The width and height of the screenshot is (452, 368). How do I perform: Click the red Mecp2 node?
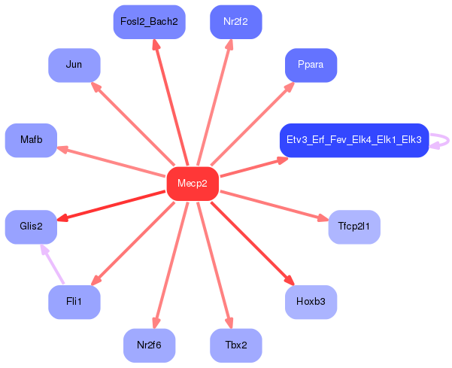coord(193,184)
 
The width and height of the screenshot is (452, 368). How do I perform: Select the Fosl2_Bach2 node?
coord(150,22)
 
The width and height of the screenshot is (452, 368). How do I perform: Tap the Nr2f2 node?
coord(236,22)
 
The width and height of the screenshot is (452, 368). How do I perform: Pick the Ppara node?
coord(311,65)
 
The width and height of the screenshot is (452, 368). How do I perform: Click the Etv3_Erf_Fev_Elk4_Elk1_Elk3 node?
coord(354,141)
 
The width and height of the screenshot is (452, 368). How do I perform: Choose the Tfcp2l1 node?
coord(354,227)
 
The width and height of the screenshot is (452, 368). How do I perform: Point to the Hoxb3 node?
coord(311,302)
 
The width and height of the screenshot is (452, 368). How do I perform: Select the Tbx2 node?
coord(236,345)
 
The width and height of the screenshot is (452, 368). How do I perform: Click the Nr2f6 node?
coord(150,345)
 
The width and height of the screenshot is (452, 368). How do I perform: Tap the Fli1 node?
coord(74,302)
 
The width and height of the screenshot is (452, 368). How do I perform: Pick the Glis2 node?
coord(31,227)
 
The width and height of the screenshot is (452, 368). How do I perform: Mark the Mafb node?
coord(31,141)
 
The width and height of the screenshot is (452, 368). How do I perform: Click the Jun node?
coord(74,65)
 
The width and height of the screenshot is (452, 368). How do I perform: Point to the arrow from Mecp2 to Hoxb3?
coord(253,243)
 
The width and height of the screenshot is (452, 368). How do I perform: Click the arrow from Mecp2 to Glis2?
coord(111,205)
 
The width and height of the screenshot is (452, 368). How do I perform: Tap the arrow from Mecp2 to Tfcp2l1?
coord(275,206)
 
